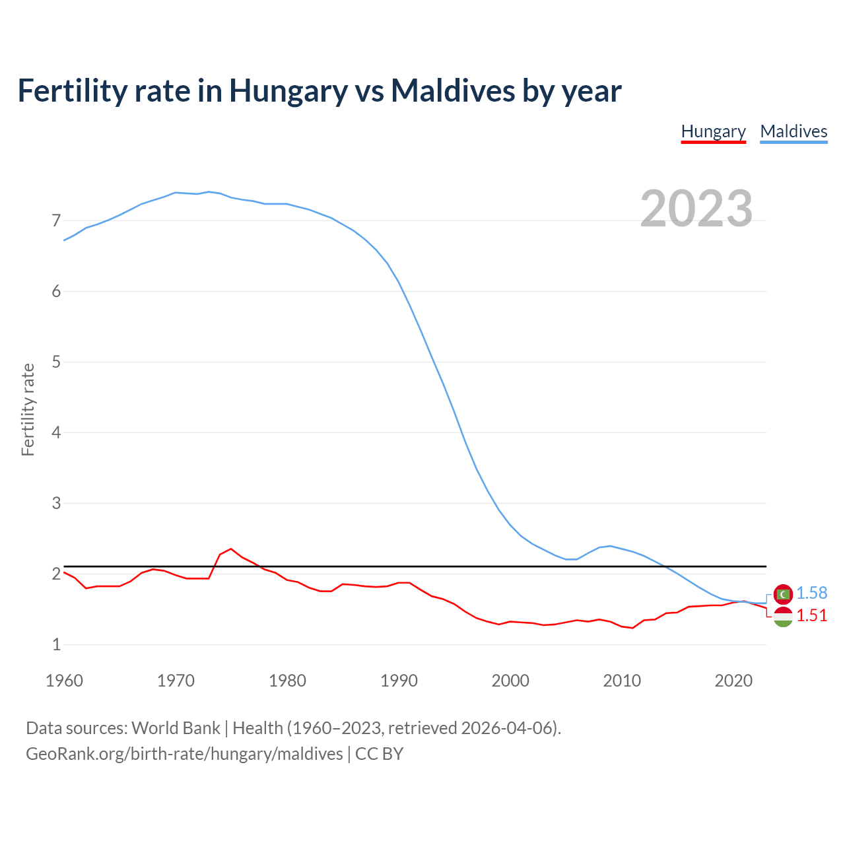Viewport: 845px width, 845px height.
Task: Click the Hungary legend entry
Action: click(713, 131)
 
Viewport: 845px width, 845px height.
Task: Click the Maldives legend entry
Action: click(794, 131)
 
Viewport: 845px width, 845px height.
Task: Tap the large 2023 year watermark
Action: click(696, 209)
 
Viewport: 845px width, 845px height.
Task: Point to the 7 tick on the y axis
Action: click(56, 220)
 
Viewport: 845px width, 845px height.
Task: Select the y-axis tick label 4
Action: click(56, 433)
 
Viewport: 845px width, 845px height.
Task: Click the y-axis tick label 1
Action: click(56, 645)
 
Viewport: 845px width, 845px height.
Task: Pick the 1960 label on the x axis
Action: click(64, 681)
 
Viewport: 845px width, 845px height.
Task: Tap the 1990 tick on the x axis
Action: click(399, 681)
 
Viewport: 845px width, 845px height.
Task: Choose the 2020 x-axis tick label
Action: click(733, 681)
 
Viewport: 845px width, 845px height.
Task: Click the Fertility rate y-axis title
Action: click(28, 409)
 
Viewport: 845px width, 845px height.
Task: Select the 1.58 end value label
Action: click(811, 593)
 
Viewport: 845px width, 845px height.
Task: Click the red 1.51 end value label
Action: click(811, 615)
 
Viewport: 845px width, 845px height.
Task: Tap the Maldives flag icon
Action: click(783, 594)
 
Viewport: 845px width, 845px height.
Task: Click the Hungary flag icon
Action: click(783, 617)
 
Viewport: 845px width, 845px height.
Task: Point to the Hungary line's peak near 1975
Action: click(231, 549)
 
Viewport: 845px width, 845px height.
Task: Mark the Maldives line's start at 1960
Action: click(64, 240)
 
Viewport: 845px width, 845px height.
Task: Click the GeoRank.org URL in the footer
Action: click(184, 754)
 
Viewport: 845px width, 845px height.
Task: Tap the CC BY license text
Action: click(379, 754)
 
